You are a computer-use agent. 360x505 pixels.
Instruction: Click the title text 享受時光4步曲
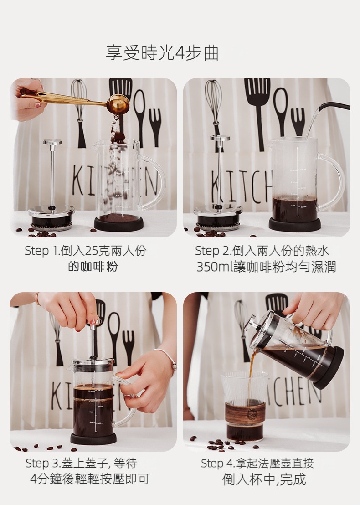click(162, 53)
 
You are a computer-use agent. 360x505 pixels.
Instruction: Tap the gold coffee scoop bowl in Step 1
click(118, 104)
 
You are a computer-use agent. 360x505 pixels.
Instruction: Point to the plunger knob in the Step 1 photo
click(52, 142)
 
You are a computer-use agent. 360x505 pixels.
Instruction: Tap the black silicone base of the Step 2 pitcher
click(295, 224)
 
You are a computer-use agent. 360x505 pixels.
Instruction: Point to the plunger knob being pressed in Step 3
click(95, 322)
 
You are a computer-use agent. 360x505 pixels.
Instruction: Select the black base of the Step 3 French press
click(93, 438)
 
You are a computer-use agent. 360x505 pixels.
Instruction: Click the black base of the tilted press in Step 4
click(329, 367)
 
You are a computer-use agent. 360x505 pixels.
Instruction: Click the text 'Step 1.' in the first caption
click(42, 251)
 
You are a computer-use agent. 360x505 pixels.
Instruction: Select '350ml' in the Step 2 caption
click(215, 267)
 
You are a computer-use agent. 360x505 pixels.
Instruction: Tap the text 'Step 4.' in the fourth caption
click(218, 464)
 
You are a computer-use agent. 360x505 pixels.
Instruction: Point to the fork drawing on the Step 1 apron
click(155, 127)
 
